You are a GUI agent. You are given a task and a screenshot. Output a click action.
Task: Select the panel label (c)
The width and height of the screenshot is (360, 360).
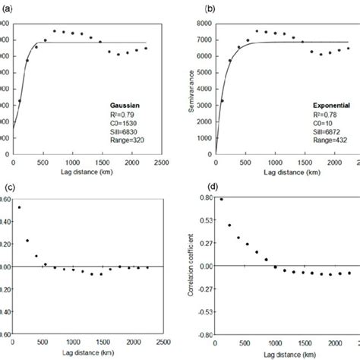pos(10,188)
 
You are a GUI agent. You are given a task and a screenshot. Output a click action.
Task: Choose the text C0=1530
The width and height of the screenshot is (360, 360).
pos(125,116)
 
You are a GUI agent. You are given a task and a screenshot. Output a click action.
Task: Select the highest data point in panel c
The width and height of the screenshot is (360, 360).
pos(19,207)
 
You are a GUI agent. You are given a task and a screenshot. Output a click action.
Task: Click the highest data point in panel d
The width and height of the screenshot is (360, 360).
pos(221,200)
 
